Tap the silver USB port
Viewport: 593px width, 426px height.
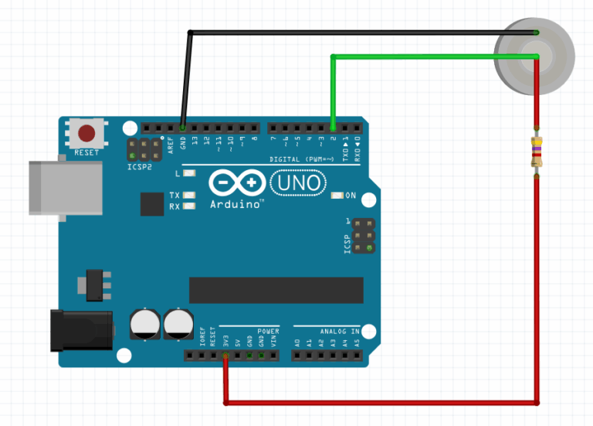pyautogui.click(x=65, y=188)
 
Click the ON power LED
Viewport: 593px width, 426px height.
pyautogui.click(x=337, y=196)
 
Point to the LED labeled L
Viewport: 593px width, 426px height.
pyautogui.click(x=189, y=174)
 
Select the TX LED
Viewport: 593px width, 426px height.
pyautogui.click(x=189, y=195)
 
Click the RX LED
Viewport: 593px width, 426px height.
pyautogui.click(x=189, y=206)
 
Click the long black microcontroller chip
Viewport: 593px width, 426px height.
pyautogui.click(x=276, y=289)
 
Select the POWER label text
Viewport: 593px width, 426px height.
pyautogui.click(x=269, y=330)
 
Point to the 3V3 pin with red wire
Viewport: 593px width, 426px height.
pyautogui.click(x=225, y=356)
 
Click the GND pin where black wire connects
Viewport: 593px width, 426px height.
pyautogui.click(x=182, y=127)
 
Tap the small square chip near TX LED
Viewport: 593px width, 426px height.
pyautogui.click(x=152, y=204)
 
